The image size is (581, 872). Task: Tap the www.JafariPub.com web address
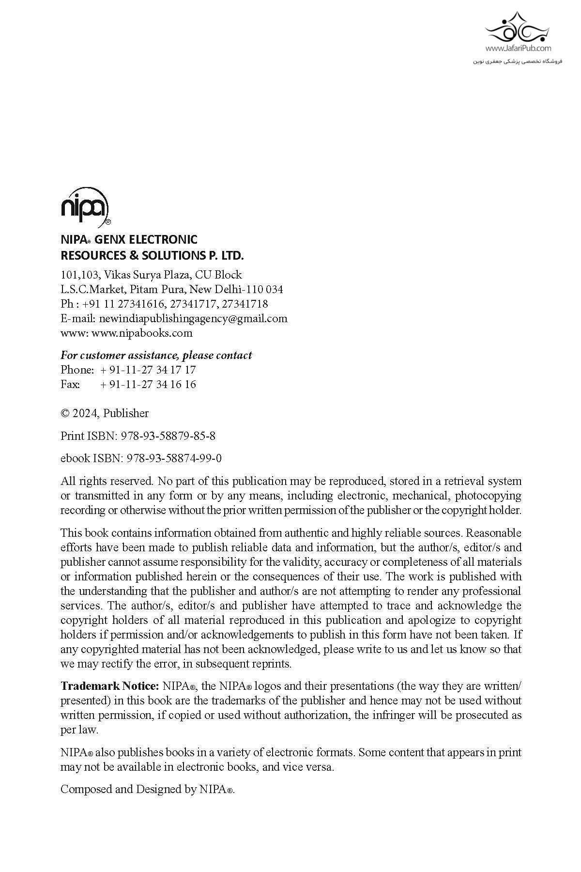point(518,48)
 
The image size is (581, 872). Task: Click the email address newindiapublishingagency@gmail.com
point(193,318)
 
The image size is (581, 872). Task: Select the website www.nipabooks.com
point(141,333)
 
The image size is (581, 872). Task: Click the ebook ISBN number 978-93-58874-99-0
point(174,458)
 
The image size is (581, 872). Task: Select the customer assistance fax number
point(148,384)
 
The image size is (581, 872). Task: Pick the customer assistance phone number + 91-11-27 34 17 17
point(148,370)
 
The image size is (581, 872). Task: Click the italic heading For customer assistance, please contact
point(156,355)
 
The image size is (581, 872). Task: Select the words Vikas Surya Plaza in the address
point(148,275)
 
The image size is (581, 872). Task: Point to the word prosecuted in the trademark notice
point(479,715)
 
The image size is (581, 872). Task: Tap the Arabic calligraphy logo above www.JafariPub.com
point(518,27)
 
